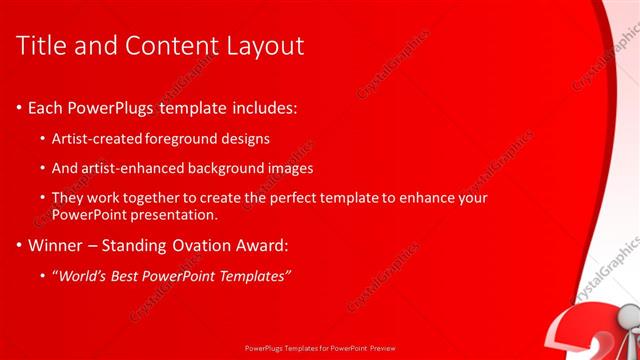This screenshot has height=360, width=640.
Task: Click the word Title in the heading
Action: pos(44,46)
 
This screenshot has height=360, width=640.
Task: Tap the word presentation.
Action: pos(170,214)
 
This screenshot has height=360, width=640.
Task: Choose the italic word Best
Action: pos(126,275)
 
